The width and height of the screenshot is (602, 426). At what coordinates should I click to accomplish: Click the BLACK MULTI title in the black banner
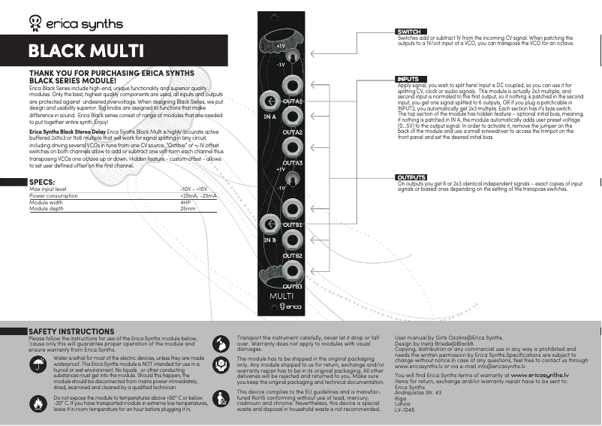[x=86, y=51]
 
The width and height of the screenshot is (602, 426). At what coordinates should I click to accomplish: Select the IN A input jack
[x=268, y=101]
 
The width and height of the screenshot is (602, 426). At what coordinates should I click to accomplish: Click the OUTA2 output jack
[x=292, y=117]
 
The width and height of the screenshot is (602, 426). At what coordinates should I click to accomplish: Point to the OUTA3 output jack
[x=292, y=148]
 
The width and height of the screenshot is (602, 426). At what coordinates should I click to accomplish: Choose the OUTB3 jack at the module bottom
[x=292, y=272]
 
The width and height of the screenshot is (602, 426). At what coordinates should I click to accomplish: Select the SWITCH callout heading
[x=409, y=32]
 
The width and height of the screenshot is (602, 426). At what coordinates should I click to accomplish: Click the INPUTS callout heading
[x=408, y=79]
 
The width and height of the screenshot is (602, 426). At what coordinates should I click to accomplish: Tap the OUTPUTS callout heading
[x=411, y=177]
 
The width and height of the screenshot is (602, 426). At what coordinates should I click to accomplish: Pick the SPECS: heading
[x=41, y=183]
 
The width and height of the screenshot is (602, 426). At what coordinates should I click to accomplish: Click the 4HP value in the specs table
[x=185, y=203]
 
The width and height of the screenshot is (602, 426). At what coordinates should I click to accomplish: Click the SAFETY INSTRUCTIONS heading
[x=71, y=331]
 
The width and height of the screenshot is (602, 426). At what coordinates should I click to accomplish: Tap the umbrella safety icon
[x=38, y=365]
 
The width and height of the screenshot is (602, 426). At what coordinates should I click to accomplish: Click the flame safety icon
[x=38, y=402]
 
